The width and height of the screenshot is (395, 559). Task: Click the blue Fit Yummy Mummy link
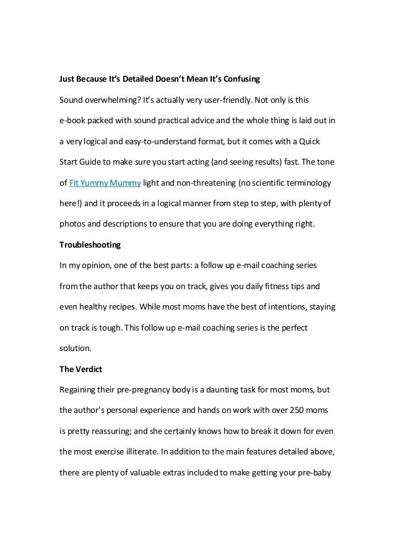105,184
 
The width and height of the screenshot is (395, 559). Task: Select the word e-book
73,120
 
